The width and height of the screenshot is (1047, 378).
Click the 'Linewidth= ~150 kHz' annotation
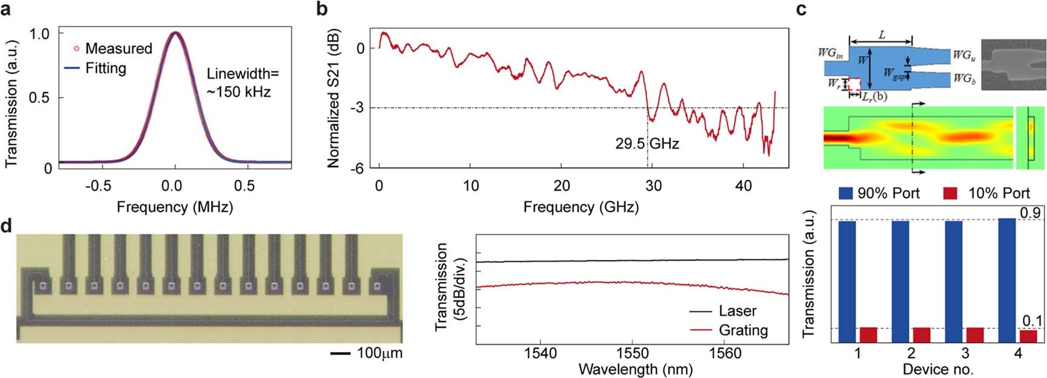pos(239,83)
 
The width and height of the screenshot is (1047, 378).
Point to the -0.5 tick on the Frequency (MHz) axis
pos(98,186)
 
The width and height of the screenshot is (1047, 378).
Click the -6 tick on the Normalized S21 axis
pos(357,168)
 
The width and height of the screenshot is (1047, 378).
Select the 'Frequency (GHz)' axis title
pos(580,207)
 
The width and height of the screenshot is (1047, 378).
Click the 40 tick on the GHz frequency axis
pos(743,186)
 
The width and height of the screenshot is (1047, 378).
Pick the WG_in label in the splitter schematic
pos(830,53)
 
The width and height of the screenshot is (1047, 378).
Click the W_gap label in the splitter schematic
pos(893,74)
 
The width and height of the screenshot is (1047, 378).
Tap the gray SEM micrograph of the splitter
pos(1012,64)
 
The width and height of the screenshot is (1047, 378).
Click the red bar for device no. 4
pos(1028,336)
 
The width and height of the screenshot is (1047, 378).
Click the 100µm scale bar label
pos(379,353)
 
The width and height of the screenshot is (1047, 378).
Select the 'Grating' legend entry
pos(743,330)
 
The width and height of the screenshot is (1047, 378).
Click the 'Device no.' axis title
pos(937,369)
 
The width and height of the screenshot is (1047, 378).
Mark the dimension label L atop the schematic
pos(882,35)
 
